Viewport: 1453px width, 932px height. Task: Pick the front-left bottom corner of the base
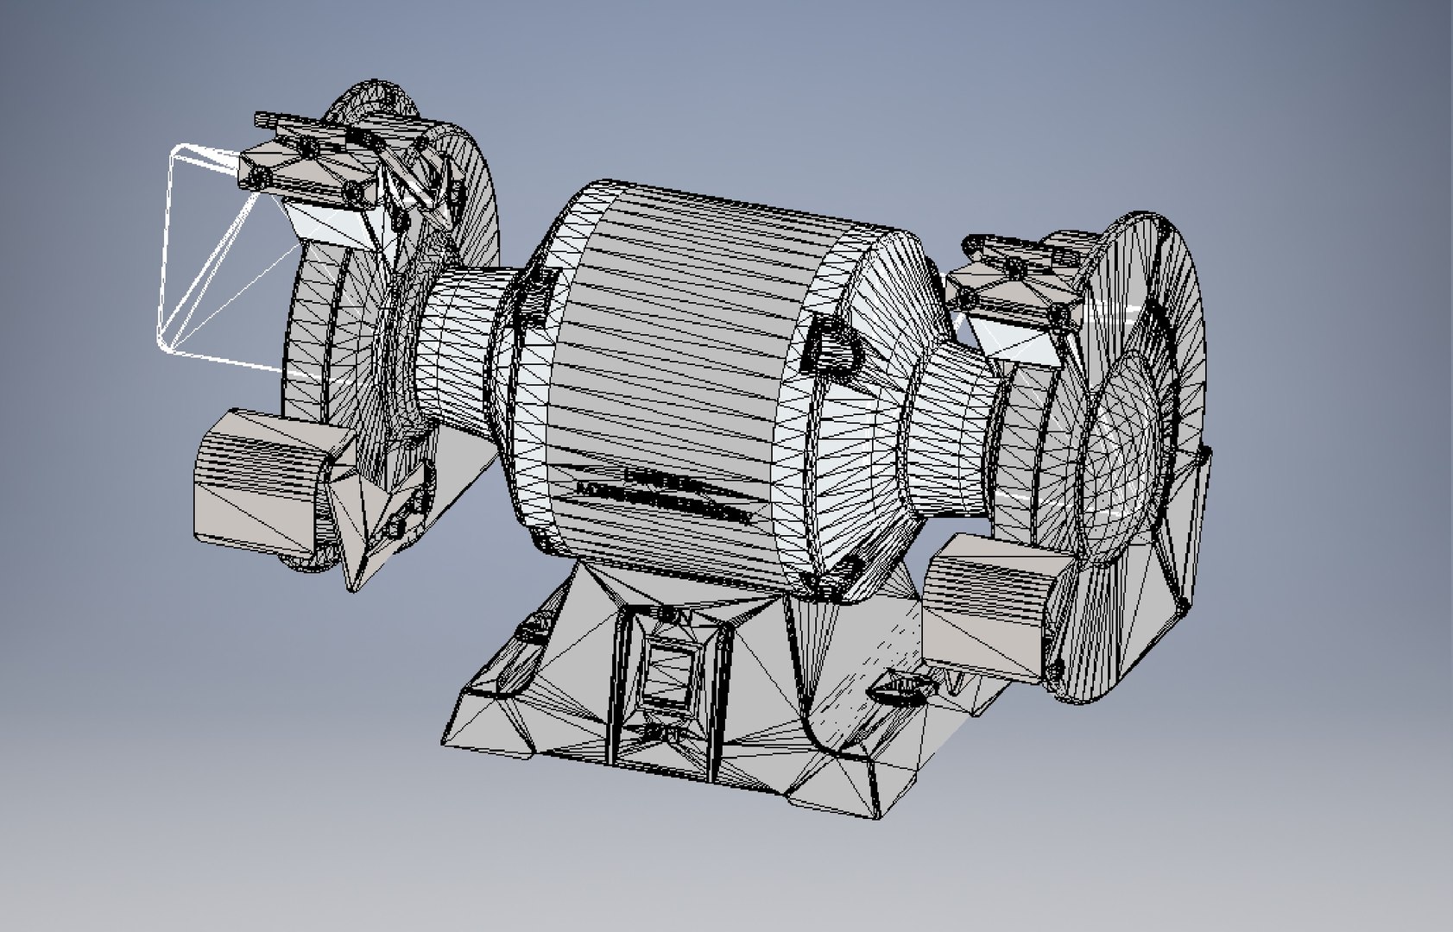pos(449,742)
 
